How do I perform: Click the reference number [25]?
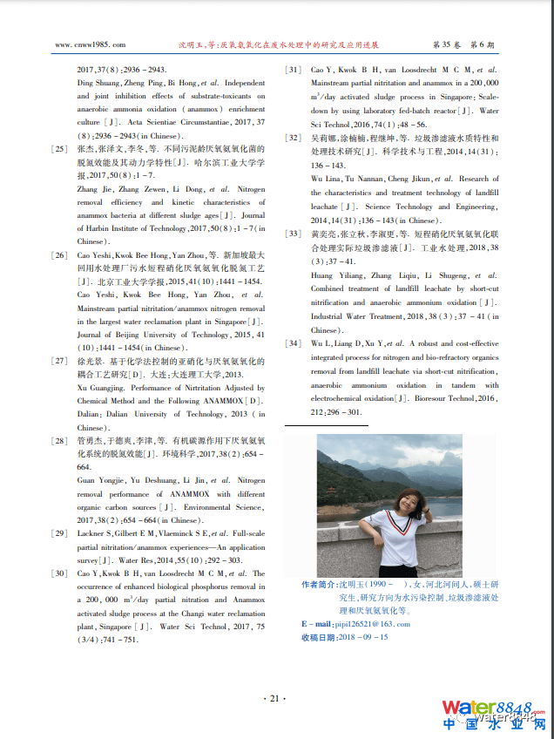coord(59,150)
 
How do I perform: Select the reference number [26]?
coord(59,255)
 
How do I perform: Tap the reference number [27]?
coord(59,361)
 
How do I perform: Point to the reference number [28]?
coord(59,441)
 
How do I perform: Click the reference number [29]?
coord(59,532)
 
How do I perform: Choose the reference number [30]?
coord(59,573)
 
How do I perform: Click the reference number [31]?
coord(294,70)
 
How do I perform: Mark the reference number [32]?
coord(294,139)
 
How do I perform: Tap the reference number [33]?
coord(294,234)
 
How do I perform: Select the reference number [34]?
coord(294,343)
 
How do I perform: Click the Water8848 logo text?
coord(492,708)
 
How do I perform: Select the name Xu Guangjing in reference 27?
coord(98,388)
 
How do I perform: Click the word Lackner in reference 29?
coord(94,532)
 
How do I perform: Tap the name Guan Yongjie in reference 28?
coord(98,480)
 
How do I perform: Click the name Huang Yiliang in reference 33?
coord(332,275)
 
